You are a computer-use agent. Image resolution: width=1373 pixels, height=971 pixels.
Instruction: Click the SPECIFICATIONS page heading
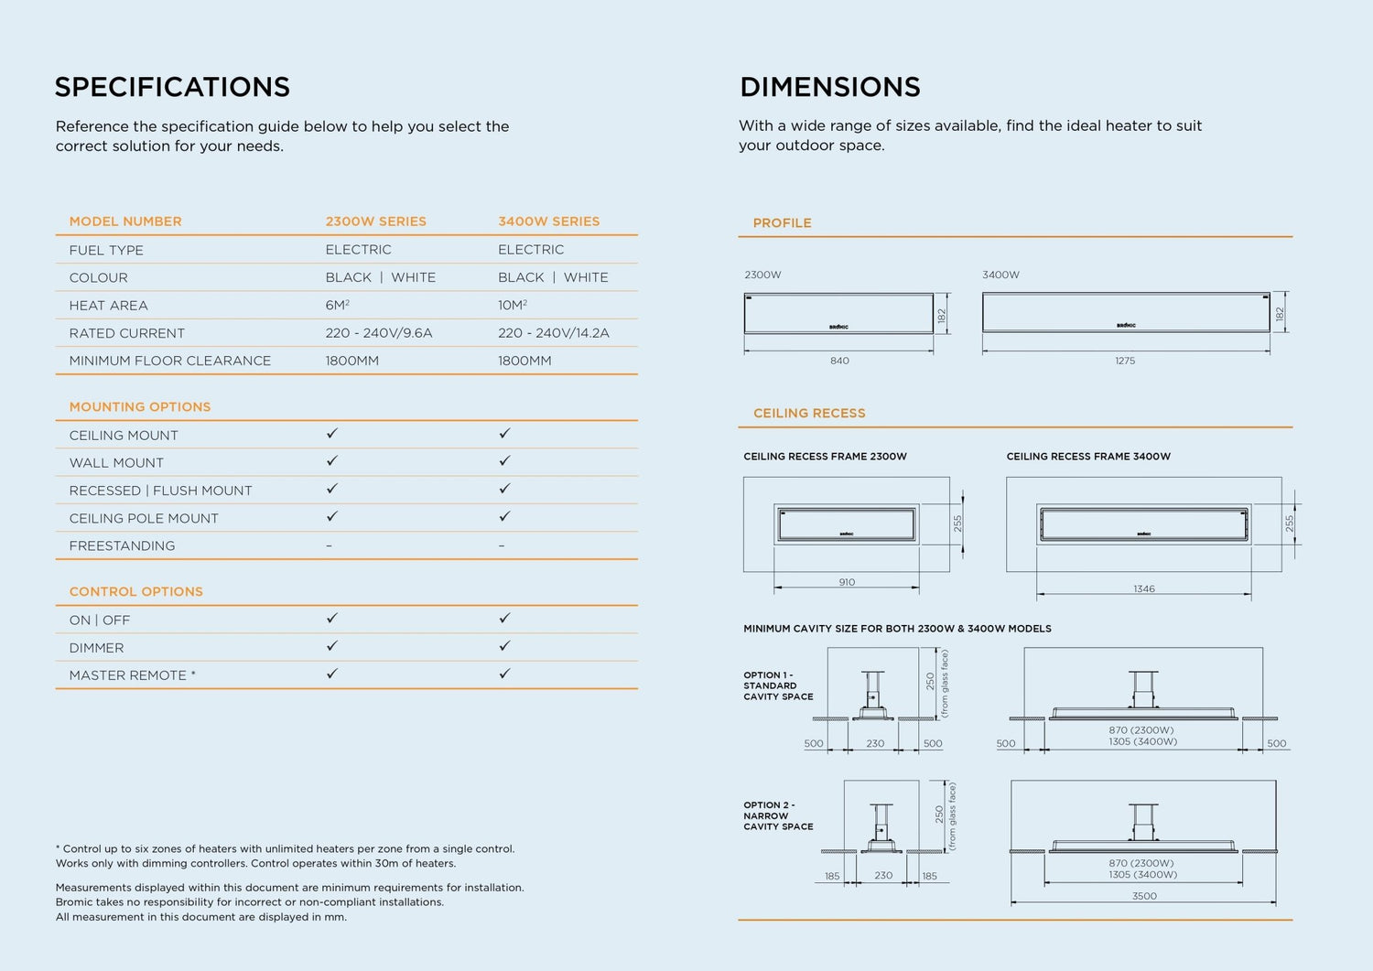coord(172,87)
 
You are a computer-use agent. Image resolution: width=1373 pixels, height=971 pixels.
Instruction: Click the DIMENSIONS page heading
coord(829,87)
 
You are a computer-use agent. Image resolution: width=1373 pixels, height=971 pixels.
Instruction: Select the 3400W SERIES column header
coord(548,221)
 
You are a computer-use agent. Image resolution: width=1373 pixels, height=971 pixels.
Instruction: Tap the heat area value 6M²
coord(337,306)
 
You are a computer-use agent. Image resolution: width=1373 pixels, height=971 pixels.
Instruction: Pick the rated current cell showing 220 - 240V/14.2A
coord(553,333)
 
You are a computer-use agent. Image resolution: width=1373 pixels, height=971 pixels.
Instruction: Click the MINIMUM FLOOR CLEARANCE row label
coord(170,361)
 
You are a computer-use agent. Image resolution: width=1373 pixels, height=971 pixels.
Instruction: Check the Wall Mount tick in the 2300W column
coord(332,461)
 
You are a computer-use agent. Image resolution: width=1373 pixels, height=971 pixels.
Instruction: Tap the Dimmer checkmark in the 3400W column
coord(504,646)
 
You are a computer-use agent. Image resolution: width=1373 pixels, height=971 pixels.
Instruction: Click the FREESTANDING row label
coord(122,545)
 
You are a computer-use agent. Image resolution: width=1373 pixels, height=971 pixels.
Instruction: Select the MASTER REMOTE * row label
coord(132,675)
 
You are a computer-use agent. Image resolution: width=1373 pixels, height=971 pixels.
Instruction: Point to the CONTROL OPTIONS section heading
coord(136,591)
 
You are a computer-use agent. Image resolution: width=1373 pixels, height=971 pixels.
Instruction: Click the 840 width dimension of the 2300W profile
coord(839,361)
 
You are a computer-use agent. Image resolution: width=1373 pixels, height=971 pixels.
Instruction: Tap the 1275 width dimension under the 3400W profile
coord(1125,361)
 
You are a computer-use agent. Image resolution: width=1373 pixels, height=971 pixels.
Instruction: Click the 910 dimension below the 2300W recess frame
coord(847,582)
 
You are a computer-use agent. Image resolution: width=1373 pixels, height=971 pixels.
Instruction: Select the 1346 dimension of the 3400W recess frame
coord(1143,589)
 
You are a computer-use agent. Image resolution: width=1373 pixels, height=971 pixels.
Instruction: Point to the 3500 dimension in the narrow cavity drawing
coord(1144,896)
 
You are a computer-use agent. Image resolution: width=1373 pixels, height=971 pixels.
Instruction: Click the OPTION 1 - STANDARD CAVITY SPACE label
coord(778,685)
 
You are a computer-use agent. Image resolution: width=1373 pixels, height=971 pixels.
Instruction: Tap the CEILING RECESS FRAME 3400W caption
coord(1088,457)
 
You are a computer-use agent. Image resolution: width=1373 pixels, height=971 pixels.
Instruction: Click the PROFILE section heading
coord(782,223)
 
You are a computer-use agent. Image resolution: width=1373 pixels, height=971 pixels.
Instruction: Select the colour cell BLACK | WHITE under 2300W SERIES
coord(380,277)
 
